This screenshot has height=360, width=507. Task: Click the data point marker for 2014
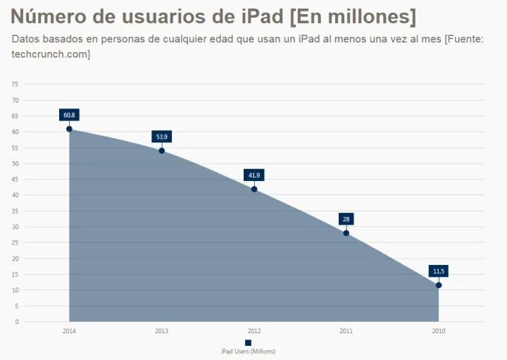coord(69,129)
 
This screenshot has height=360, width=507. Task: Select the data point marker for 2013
coord(161,151)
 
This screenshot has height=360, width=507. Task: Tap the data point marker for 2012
coord(254,189)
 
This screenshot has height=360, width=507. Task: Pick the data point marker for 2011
coord(346,233)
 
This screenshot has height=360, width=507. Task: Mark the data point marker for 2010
coord(439,285)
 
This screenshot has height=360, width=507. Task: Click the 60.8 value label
coord(69,115)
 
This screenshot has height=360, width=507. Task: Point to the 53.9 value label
coord(162,137)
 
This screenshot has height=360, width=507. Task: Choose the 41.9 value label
coord(254,175)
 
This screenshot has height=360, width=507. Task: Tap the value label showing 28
coord(346,219)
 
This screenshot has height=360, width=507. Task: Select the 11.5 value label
coord(439,271)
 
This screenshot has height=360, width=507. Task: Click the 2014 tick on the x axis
coord(69,330)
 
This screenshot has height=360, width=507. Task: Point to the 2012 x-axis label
coord(254,330)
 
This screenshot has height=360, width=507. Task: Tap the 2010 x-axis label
coord(439,330)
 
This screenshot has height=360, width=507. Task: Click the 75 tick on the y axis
coord(15,84)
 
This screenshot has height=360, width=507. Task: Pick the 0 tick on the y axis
coord(16,322)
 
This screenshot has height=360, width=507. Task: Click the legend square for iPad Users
coord(248,342)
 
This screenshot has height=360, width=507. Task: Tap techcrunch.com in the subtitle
coord(51,54)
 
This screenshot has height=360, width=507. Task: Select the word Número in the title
coord(45,16)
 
